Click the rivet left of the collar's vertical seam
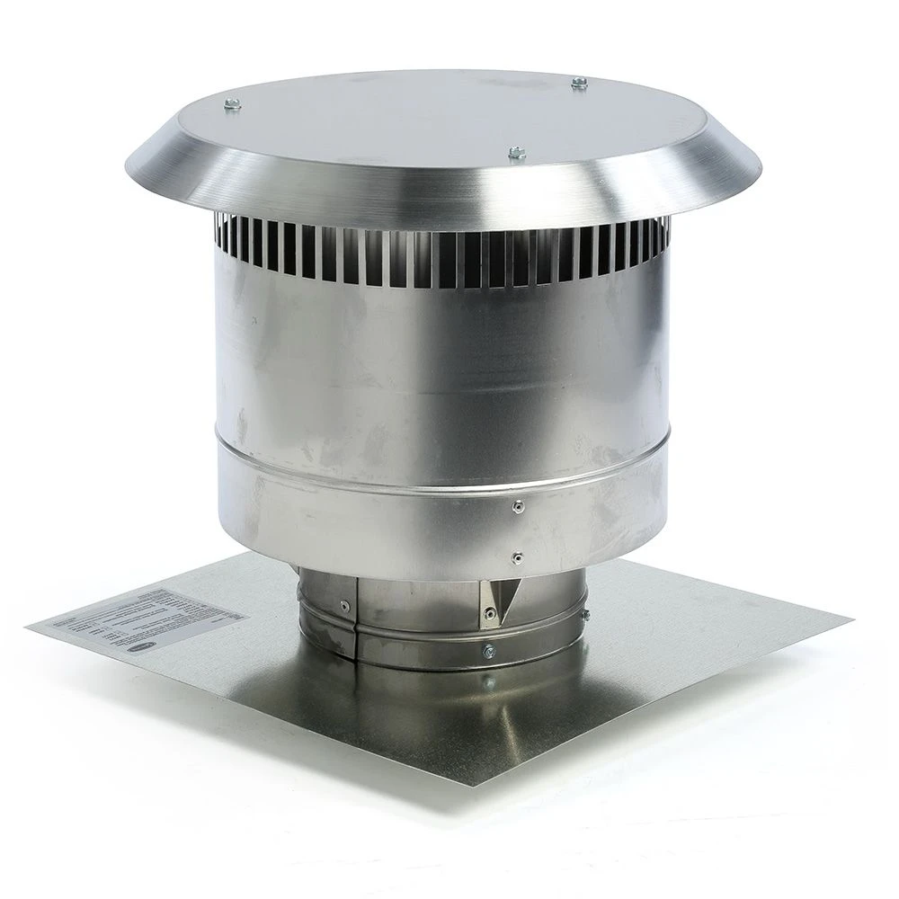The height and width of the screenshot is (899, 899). [344, 605]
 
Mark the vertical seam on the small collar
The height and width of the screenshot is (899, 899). [357, 620]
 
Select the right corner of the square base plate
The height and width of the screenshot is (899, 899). [849, 619]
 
